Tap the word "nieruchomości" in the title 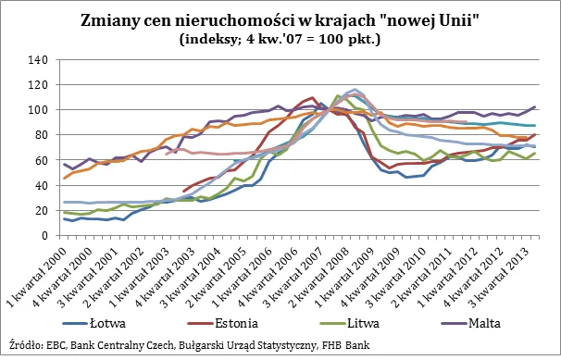click(x=256, y=20)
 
